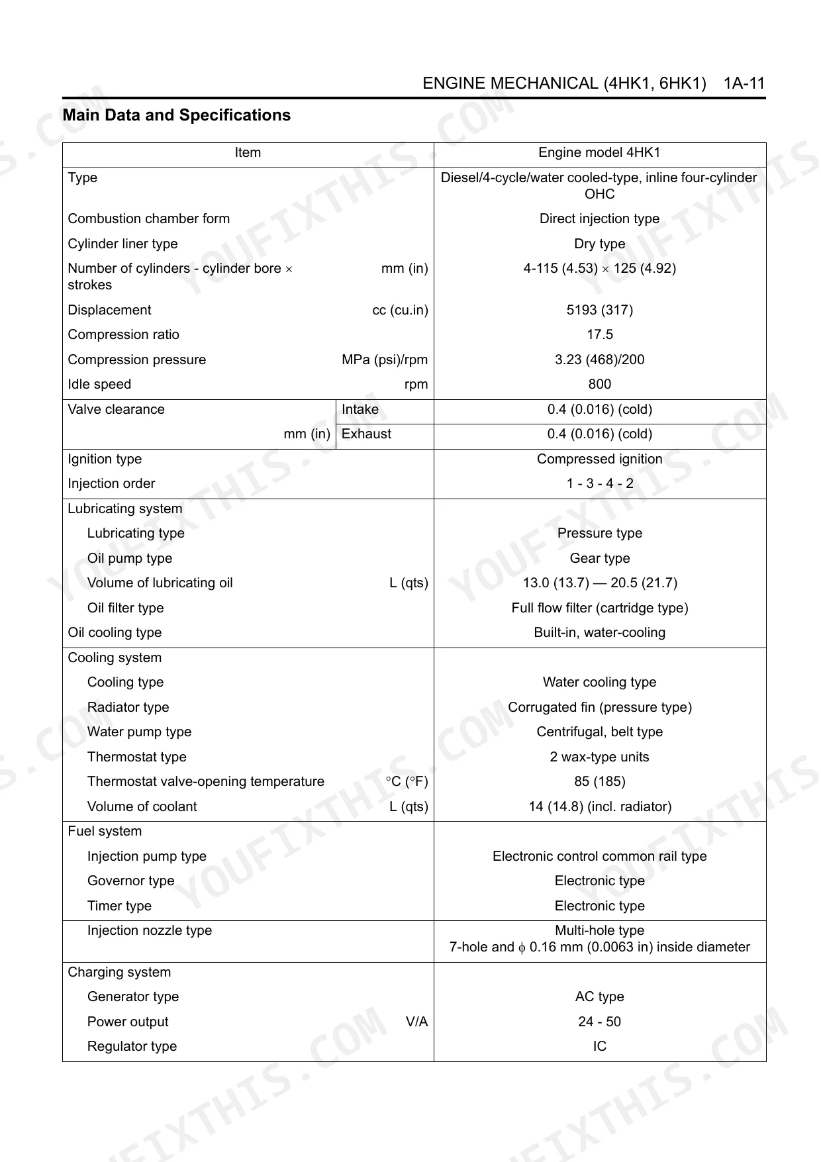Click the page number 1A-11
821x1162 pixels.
click(744, 83)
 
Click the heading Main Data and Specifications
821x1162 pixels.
click(177, 115)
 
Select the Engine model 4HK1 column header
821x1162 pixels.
click(599, 153)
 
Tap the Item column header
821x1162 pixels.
click(248, 153)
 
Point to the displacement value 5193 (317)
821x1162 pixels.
click(599, 310)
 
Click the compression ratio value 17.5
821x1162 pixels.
click(599, 334)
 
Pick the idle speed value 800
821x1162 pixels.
click(599, 384)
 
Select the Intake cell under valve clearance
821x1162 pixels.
click(360, 409)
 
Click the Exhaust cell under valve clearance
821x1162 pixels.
click(366, 434)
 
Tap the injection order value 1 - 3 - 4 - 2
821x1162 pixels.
click(599, 483)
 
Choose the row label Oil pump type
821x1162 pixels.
click(130, 558)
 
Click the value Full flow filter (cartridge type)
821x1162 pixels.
click(599, 608)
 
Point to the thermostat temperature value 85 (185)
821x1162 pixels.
click(599, 781)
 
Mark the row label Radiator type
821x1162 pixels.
click(128, 707)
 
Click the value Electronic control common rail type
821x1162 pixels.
click(599, 856)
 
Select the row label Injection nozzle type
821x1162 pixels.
click(150, 930)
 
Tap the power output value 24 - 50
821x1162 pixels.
click(599, 1022)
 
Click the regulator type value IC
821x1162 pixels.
click(599, 1046)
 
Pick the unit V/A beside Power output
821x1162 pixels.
click(416, 1022)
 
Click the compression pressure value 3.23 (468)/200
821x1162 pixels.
click(599, 360)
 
